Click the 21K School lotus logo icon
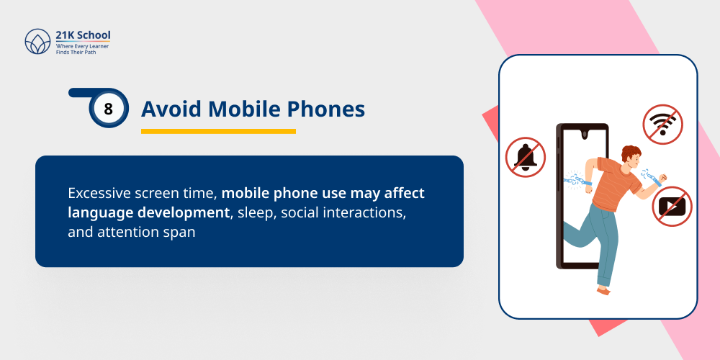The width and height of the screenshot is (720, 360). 37,42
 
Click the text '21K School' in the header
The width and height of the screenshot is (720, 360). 83,35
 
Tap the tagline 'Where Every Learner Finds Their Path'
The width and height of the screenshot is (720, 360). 82,49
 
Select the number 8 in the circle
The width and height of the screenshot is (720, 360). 109,109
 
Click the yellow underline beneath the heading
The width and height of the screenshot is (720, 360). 218,131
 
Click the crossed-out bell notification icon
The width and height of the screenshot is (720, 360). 525,156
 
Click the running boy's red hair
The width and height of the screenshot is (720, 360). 631,153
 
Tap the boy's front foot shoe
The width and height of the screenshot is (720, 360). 603,289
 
